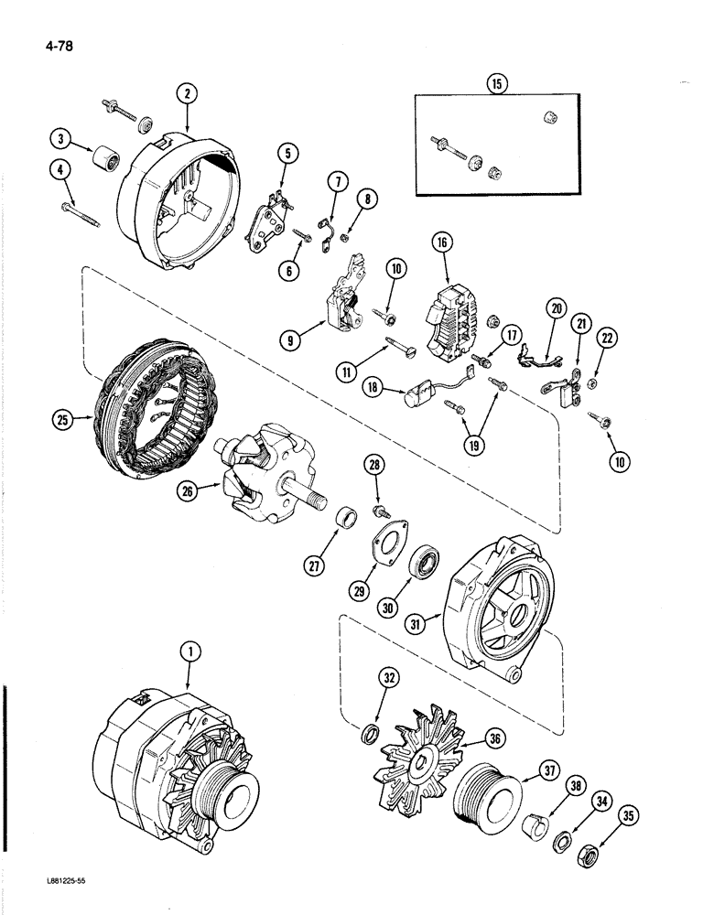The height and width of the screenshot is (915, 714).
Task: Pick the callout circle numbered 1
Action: click(189, 653)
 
